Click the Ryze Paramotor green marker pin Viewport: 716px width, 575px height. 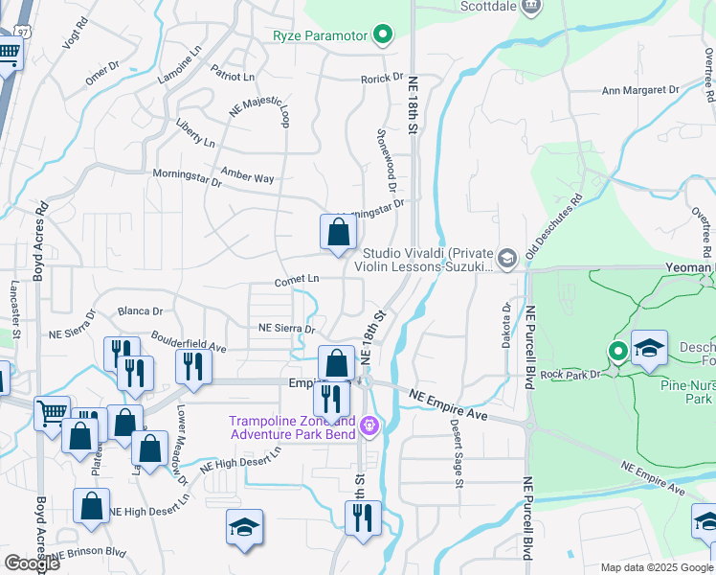(383, 36)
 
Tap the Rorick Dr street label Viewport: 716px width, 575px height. (382, 78)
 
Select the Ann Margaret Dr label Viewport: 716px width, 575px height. (639, 90)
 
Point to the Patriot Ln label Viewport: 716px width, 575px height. (234, 76)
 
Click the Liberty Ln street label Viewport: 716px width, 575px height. (195, 133)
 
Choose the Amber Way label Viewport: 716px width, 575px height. (247, 177)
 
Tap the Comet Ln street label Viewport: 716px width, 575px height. (296, 279)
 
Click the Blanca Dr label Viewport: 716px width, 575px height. (140, 311)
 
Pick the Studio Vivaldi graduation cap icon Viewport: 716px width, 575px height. (507, 256)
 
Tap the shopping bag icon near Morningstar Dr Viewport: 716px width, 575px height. (338, 232)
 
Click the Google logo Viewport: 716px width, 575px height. (33, 563)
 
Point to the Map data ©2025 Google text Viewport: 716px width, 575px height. (657, 566)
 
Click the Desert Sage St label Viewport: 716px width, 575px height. (457, 458)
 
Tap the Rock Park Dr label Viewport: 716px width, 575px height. (572, 374)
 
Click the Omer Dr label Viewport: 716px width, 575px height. (101, 73)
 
